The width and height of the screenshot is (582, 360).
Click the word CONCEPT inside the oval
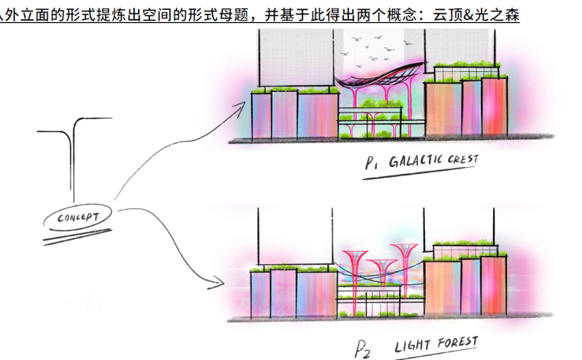point(78,218)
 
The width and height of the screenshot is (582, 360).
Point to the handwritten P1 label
point(372,165)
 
